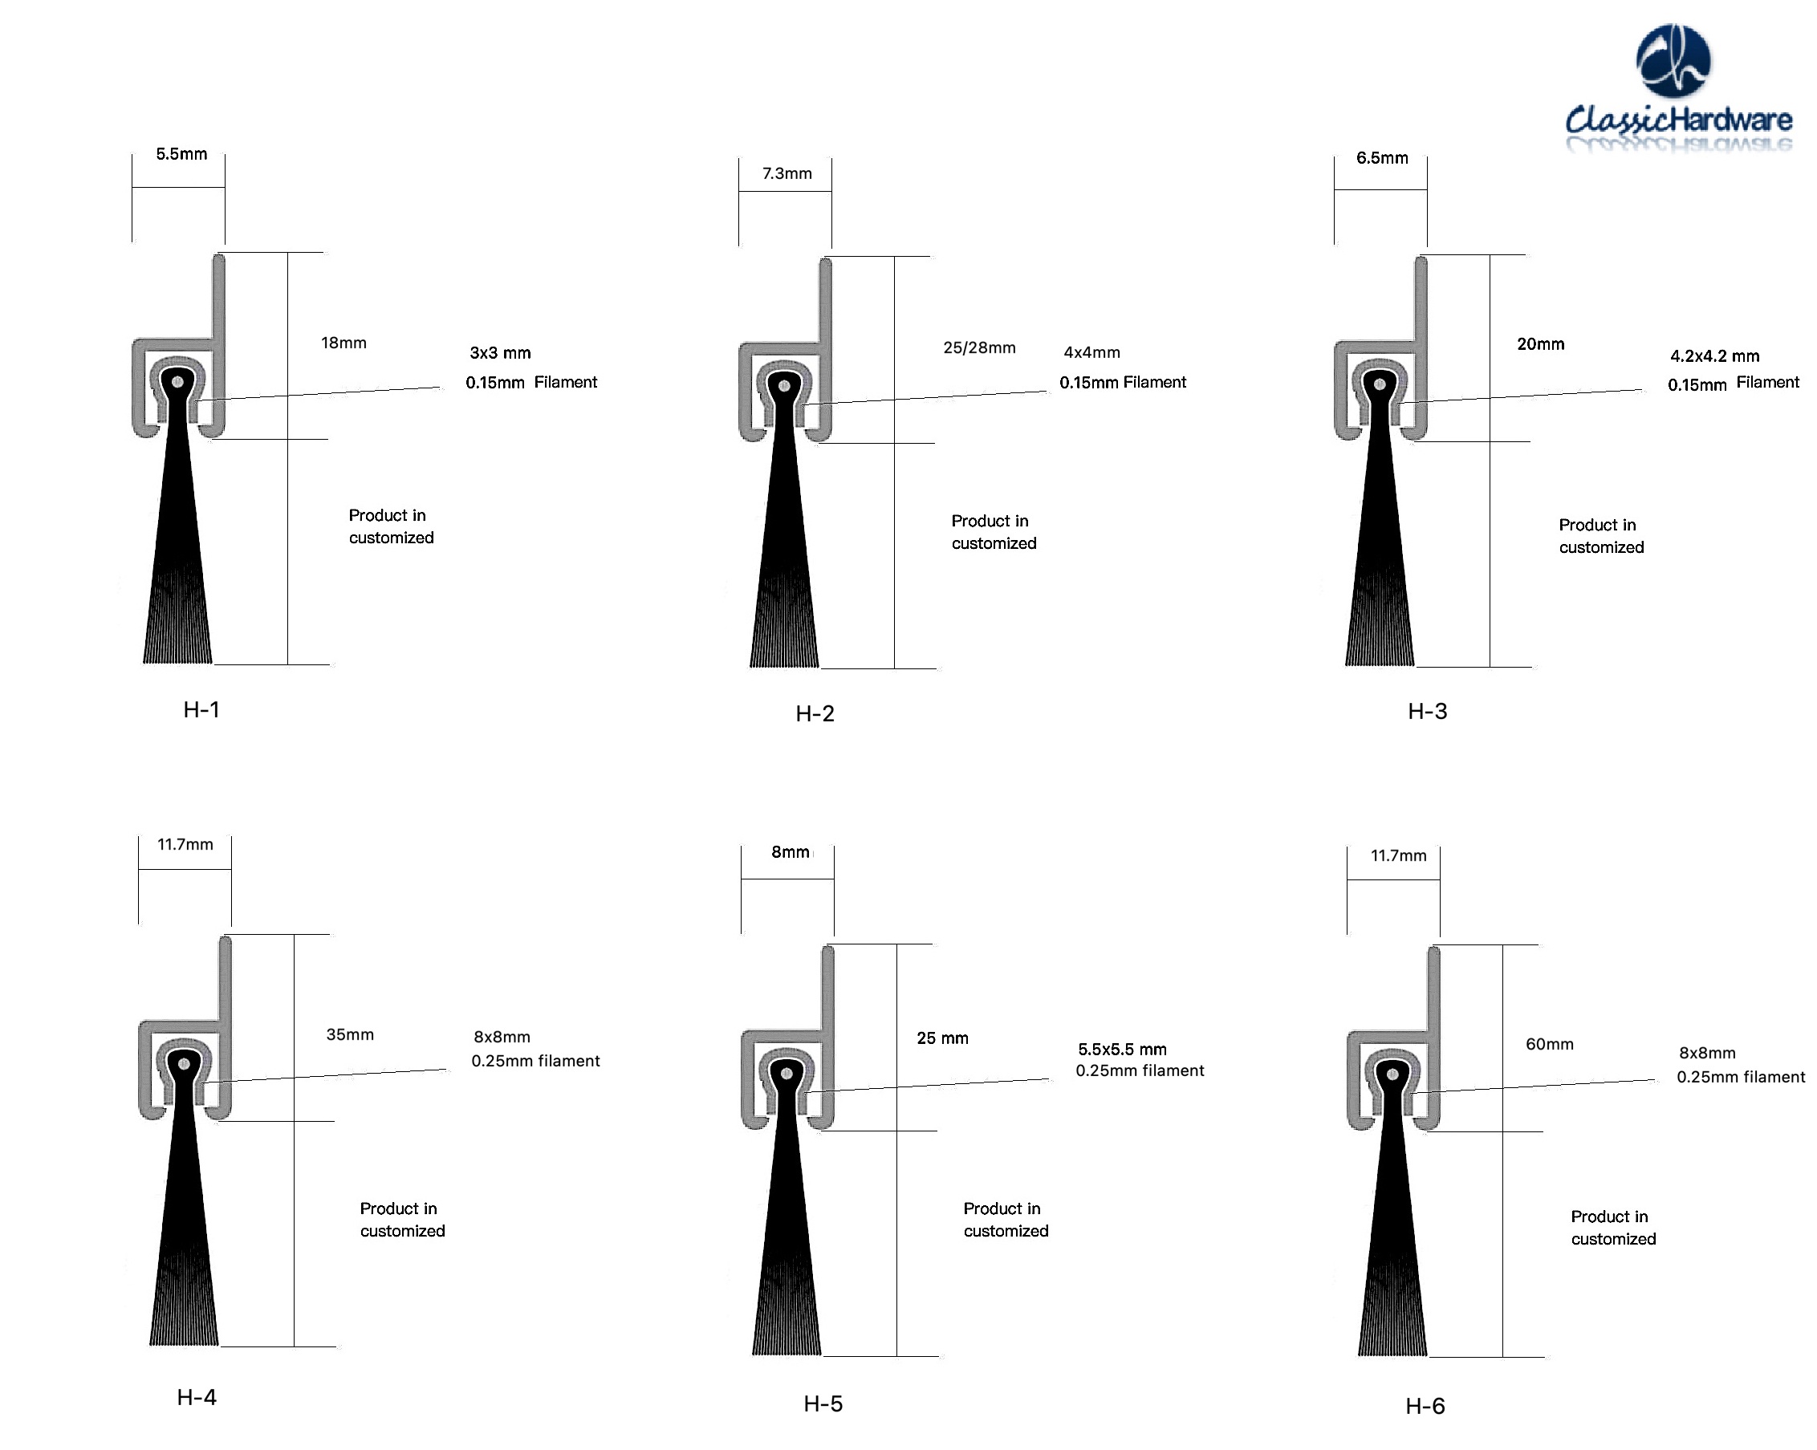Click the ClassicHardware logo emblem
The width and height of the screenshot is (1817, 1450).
coord(1673,61)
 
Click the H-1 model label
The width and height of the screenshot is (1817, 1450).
coord(201,710)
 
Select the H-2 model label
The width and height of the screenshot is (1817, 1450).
coord(815,714)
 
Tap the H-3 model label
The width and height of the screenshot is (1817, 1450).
coord(1428,712)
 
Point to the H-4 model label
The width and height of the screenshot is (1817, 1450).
coord(197,1398)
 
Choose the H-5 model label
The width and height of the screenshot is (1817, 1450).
coord(823,1404)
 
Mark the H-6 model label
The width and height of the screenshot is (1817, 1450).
coord(1425,1406)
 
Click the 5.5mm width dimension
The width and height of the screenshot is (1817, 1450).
coord(181,154)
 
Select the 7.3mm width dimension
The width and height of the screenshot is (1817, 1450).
coord(787,173)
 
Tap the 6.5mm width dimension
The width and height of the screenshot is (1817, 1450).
coord(1382,158)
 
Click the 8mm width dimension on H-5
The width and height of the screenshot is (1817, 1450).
coord(791,853)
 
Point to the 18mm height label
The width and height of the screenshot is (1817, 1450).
coord(343,343)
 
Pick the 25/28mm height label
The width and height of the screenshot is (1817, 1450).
coord(979,348)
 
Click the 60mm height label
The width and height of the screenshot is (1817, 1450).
coord(1550,1045)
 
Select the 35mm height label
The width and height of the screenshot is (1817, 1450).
coord(350,1035)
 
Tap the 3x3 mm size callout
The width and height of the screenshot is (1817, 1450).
coord(501,353)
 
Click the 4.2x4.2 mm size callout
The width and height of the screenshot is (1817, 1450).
coord(1715,356)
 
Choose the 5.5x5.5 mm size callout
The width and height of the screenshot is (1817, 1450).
coord(1123,1050)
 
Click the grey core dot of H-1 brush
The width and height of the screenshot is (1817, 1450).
coord(178,383)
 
